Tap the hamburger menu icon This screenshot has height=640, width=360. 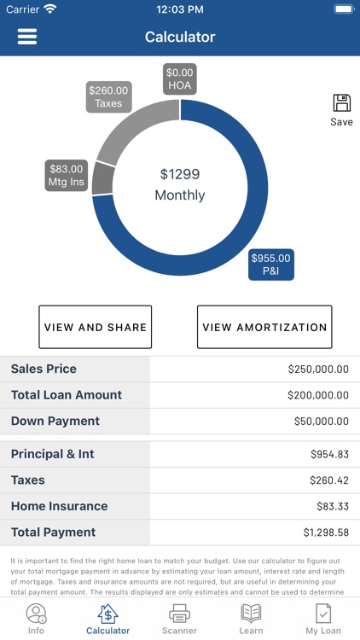(27, 37)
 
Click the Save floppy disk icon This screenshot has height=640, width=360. (341, 104)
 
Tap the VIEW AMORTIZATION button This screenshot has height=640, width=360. (264, 327)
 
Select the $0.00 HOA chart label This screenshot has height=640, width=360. (180, 79)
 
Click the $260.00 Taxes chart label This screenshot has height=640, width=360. (108, 96)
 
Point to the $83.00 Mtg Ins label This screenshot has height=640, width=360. (67, 175)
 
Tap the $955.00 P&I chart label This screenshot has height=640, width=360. (270, 265)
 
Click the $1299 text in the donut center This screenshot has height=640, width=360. (180, 174)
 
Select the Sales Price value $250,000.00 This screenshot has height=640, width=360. (318, 369)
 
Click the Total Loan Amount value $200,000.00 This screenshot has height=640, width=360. (318, 395)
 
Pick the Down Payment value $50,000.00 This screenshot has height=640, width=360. (321, 422)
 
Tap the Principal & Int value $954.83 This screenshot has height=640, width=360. (329, 455)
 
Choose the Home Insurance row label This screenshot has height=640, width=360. (59, 506)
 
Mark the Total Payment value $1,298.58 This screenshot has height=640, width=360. (326, 532)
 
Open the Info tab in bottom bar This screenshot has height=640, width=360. (36, 619)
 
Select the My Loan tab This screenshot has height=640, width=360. (323, 619)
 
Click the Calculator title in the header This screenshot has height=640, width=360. (180, 37)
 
